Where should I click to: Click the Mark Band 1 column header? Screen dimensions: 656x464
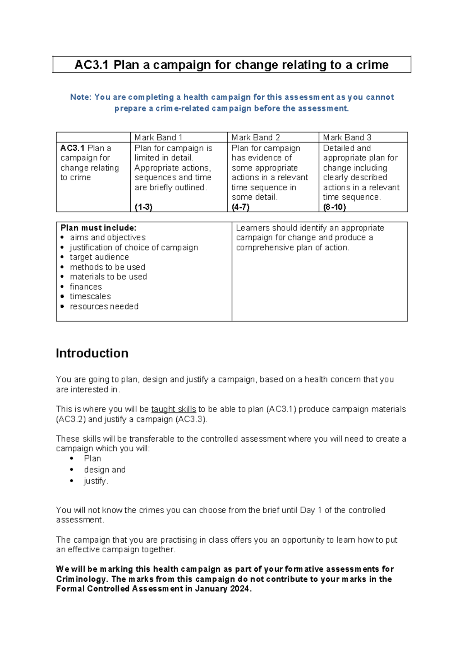[158, 137]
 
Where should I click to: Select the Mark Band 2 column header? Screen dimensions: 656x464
[256, 137]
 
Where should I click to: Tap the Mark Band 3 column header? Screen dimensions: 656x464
[347, 137]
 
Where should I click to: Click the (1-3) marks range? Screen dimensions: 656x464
[143, 207]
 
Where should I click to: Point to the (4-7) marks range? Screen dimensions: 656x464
[241, 207]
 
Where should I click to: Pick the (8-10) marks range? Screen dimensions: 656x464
[334, 207]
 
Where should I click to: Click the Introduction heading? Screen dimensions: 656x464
[92, 353]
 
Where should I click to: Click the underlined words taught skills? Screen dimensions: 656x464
[174, 409]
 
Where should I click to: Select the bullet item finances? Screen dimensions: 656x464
[86, 287]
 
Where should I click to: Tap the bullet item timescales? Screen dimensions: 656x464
[90, 296]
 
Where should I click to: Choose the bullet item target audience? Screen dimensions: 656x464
[99, 257]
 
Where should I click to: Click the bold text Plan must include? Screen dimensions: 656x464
[98, 228]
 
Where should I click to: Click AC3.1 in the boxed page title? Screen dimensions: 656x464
[91, 65]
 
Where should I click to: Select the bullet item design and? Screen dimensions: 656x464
[105, 470]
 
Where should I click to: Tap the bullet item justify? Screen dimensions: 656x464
[96, 481]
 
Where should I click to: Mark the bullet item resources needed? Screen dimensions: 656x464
[104, 306]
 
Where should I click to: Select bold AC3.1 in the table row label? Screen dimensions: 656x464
[72, 148]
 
